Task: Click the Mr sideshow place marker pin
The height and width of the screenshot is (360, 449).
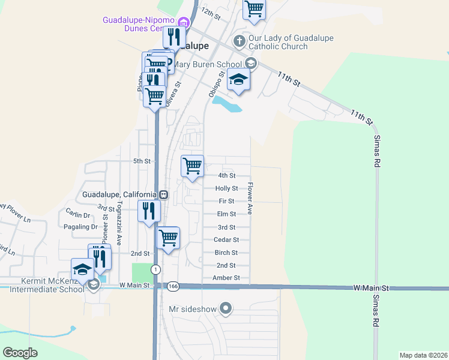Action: click(226, 309)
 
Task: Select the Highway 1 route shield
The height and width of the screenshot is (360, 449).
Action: click(155, 269)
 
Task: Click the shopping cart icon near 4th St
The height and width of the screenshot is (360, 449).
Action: click(192, 166)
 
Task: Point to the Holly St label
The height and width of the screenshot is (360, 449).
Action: click(226, 188)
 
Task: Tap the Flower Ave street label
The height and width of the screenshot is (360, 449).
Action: click(250, 199)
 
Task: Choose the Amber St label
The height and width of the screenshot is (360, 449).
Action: click(226, 278)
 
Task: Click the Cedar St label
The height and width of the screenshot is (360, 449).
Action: click(226, 239)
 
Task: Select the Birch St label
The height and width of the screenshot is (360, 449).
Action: click(226, 253)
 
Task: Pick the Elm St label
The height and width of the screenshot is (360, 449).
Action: click(226, 214)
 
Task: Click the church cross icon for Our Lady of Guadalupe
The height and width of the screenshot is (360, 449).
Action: click(239, 41)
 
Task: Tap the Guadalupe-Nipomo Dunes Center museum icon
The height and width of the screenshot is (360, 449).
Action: click(182, 23)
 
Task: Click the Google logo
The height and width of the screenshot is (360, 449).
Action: click(20, 353)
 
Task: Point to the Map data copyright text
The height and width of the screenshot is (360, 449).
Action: click(423, 355)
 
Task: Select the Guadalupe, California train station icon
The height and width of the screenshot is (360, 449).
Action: click(163, 194)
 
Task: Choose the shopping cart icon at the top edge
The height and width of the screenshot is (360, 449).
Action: click(254, 8)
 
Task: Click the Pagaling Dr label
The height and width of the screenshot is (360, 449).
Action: click(80, 227)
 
